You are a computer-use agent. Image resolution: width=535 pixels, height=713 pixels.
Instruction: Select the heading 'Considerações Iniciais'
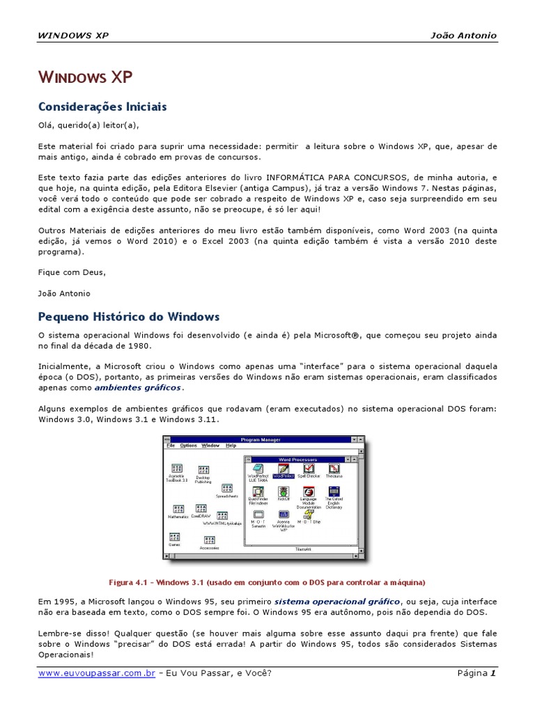102,107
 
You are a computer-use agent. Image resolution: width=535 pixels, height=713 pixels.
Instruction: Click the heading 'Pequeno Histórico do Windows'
128,317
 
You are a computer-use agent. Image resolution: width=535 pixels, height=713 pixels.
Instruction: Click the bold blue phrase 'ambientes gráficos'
137,387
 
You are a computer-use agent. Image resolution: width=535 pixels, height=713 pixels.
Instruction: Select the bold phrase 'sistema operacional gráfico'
337,600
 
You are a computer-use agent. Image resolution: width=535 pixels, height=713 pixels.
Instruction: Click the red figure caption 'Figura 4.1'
130,582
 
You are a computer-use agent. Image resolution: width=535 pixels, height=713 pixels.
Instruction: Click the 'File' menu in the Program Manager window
171,446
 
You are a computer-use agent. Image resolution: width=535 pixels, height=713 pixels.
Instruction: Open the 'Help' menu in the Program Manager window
231,446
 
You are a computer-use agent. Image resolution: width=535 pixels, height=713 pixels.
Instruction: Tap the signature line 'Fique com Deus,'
72,272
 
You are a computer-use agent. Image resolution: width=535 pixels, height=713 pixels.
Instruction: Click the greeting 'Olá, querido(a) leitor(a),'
88,125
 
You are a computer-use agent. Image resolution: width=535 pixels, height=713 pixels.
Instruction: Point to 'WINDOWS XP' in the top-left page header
73,36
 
